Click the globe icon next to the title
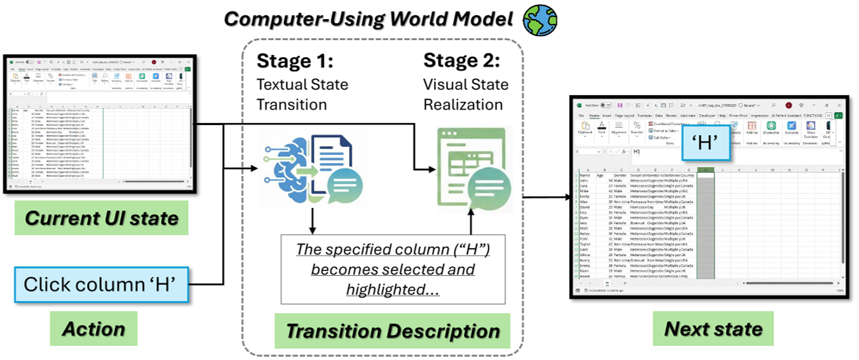539,20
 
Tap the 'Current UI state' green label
101,219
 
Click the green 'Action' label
94,329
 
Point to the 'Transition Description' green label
392,331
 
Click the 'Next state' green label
713,329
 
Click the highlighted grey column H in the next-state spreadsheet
707,231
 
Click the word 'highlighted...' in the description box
392,289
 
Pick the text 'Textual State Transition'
302,94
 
